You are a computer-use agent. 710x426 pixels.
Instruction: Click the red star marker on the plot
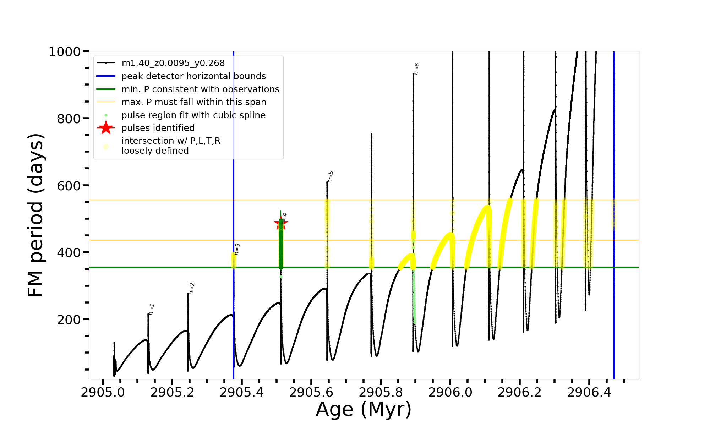(x=281, y=223)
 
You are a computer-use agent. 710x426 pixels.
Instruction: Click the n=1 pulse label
(x=152, y=309)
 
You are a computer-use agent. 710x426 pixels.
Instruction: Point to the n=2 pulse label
(x=192, y=289)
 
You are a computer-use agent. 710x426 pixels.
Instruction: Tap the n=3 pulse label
(x=237, y=249)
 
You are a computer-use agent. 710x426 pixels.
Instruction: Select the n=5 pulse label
(x=331, y=177)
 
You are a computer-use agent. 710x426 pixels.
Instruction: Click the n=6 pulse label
(x=417, y=69)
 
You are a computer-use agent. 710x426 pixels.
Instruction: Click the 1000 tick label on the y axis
(x=65, y=52)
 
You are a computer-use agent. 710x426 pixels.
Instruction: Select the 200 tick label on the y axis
(x=69, y=319)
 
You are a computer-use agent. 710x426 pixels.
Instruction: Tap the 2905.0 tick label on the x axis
(x=103, y=392)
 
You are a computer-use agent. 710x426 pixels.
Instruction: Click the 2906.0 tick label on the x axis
(x=450, y=392)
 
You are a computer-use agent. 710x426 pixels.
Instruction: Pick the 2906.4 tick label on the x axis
(x=589, y=392)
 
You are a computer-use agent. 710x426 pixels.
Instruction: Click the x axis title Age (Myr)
(x=364, y=409)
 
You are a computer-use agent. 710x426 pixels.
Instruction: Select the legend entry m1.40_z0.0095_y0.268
(x=173, y=63)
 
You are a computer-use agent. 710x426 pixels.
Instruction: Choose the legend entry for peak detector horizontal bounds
(x=193, y=76)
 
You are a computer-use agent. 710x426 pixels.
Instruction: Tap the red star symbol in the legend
(x=106, y=128)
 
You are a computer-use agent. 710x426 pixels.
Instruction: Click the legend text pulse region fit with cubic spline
(x=193, y=115)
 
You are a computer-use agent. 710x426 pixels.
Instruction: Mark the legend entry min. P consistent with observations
(x=200, y=89)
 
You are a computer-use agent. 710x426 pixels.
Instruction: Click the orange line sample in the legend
(x=106, y=102)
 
